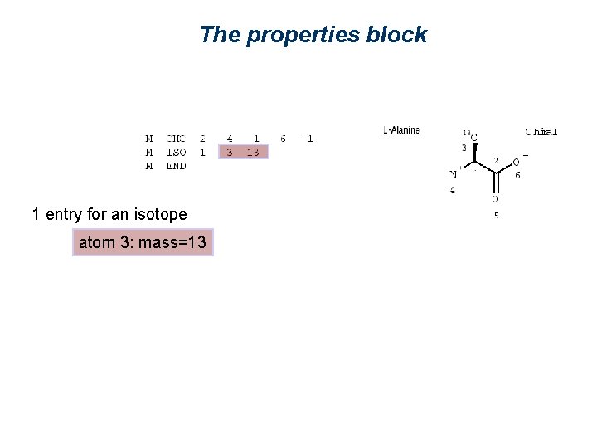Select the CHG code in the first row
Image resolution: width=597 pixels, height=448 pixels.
tap(176, 139)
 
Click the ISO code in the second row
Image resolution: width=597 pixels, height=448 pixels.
tap(176, 152)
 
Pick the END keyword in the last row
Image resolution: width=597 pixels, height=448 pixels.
tap(176, 165)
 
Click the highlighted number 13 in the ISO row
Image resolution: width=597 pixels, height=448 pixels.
tap(253, 152)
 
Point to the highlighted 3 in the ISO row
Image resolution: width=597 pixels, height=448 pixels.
tap(230, 152)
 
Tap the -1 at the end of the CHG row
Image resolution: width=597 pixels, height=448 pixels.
tap(306, 139)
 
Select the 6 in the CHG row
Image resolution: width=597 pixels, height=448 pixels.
tap(283, 139)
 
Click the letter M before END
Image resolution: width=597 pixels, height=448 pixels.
tap(149, 165)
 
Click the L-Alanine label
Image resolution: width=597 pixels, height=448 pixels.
tap(401, 130)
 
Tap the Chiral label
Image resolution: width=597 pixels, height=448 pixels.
tap(541, 131)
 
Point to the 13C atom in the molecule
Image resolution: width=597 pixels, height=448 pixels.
tap(473, 136)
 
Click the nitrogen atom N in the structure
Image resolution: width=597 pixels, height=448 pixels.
tap(454, 175)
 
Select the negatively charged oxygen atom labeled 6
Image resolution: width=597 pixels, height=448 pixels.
tap(516, 163)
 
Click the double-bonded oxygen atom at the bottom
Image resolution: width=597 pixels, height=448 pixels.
tap(495, 199)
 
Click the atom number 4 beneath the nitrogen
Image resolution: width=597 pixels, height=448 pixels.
tap(453, 190)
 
